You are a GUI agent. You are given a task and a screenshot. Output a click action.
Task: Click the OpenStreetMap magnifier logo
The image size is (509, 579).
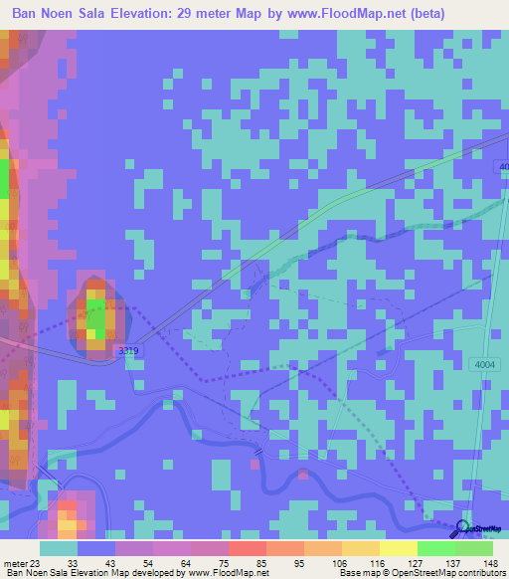point(463,529)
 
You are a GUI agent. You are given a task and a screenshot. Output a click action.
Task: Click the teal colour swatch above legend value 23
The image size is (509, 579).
point(59,548)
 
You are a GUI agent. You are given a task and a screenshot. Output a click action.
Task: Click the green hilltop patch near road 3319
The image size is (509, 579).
point(96,320)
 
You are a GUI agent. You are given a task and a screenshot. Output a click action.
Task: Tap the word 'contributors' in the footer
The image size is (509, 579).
point(477,573)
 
